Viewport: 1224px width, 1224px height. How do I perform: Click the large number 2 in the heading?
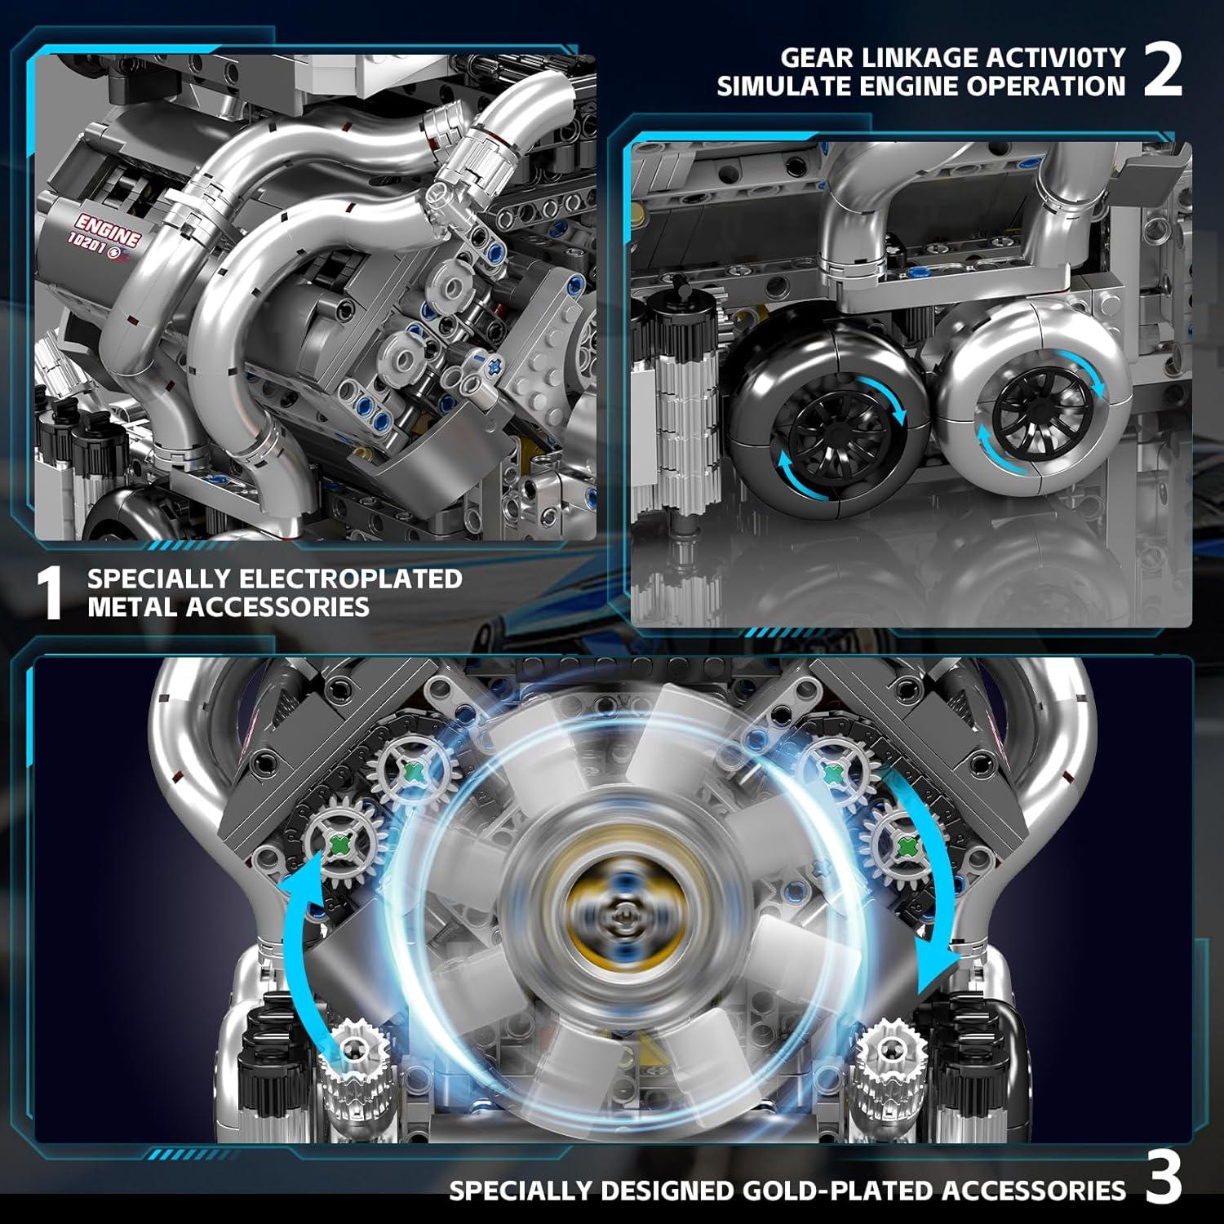click(x=1162, y=70)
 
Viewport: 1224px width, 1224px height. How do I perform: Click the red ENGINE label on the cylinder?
click(x=107, y=231)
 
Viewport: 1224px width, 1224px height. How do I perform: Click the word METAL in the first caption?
click(x=133, y=607)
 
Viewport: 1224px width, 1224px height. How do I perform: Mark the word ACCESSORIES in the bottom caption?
click(x=1033, y=1191)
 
